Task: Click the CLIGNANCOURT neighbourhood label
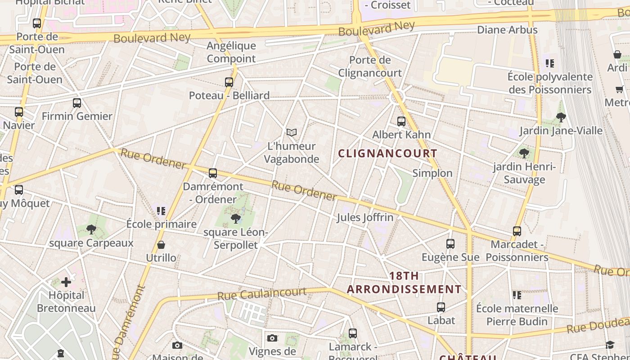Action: point(387,153)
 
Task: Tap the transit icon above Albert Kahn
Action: point(401,121)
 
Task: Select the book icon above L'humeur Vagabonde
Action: point(292,133)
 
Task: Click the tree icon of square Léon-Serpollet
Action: point(235,219)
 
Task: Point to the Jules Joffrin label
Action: point(365,217)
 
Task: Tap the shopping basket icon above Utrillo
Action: point(161,245)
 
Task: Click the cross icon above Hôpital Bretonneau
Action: point(66,283)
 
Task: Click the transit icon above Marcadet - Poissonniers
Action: point(517,231)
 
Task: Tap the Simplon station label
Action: point(432,173)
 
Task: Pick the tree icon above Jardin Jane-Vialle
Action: point(561,118)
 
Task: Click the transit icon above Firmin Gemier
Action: point(77,103)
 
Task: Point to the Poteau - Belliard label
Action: point(229,95)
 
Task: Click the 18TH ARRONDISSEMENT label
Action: point(404,283)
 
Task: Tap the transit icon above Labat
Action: point(441,307)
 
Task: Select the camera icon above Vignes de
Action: point(272,338)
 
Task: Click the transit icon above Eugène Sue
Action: point(450,244)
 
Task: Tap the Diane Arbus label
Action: point(507,30)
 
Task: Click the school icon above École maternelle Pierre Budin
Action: point(517,295)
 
